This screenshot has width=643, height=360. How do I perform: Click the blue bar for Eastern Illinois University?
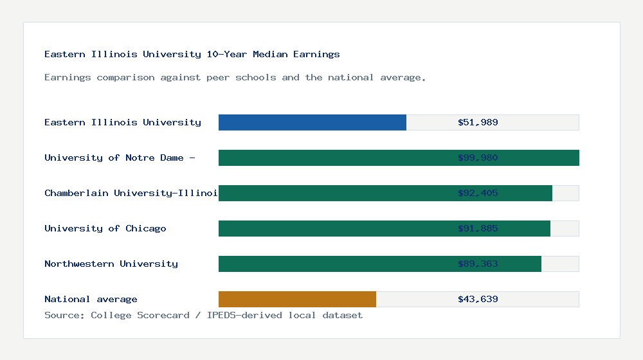[x=312, y=122]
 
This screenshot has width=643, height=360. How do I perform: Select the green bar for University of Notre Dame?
[x=399, y=157]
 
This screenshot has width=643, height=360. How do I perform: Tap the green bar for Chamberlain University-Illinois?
[x=385, y=193]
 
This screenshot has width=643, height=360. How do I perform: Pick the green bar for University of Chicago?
[x=385, y=228]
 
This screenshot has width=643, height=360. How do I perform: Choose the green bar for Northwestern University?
[x=380, y=264]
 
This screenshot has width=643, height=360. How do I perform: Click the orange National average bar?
[x=297, y=299]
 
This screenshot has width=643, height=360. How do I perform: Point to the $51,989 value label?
[x=478, y=122]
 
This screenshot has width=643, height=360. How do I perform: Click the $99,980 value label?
[x=478, y=157]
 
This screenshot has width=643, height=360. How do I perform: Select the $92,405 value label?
[x=478, y=193]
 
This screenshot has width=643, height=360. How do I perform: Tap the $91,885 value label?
[x=478, y=228]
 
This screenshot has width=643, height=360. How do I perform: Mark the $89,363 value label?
[x=478, y=264]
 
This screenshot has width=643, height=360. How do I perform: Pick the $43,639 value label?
[x=478, y=299]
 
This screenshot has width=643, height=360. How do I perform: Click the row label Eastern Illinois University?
[x=123, y=122]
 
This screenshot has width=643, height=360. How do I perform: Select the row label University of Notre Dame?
[x=120, y=157]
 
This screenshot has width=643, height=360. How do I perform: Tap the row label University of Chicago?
[x=105, y=228]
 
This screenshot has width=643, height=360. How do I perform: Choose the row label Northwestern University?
[x=111, y=264]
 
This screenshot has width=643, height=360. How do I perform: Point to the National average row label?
[x=91, y=299]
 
